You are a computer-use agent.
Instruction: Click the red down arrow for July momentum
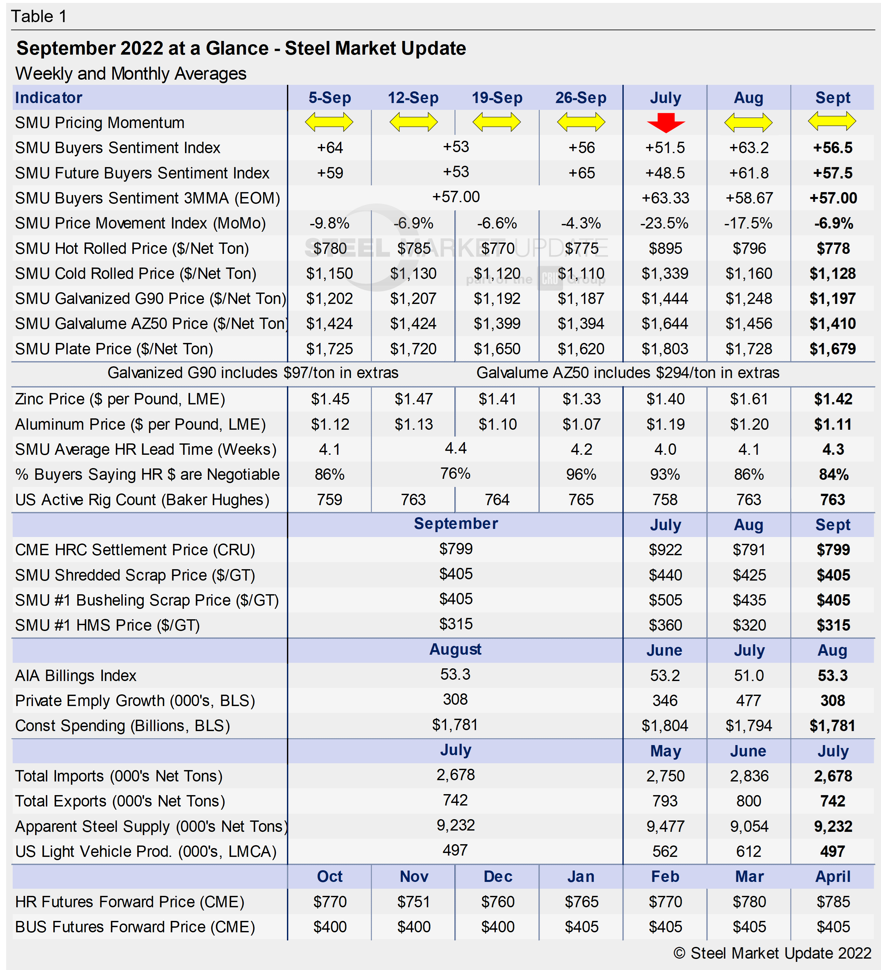[x=665, y=123]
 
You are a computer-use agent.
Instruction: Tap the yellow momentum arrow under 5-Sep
[x=329, y=122]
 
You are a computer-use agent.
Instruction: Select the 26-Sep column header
[x=581, y=98]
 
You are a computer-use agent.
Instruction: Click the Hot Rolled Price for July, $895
[x=665, y=248]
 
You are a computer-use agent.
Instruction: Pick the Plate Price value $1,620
[x=581, y=349]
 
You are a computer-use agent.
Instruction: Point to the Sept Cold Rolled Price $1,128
[x=833, y=273]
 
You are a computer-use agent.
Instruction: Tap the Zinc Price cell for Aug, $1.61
[x=749, y=399]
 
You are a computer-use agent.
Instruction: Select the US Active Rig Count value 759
[x=329, y=499]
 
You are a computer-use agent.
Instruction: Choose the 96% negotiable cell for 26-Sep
[x=581, y=474]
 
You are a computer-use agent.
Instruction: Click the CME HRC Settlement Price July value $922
[x=665, y=549]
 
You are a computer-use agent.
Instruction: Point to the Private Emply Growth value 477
[x=749, y=701]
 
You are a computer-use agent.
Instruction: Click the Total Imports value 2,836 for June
[x=749, y=776]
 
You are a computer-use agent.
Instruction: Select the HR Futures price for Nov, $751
[x=413, y=902]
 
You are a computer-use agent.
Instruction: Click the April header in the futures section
[x=833, y=877]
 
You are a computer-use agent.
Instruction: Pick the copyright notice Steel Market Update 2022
[x=772, y=953]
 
